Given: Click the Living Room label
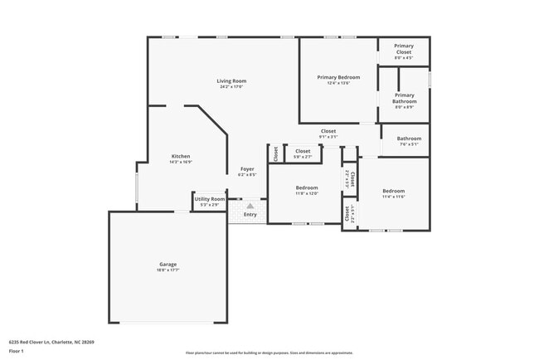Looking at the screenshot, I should click(x=231, y=80).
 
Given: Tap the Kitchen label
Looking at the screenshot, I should click(x=181, y=156).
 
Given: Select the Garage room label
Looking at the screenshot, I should click(x=168, y=265).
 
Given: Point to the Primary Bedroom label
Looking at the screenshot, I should click(x=338, y=77).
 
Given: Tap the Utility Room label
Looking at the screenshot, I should click(x=209, y=199).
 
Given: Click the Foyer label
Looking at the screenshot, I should click(x=247, y=169).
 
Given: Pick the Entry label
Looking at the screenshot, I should click(x=250, y=215).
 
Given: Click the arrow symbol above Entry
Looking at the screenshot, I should click(x=250, y=206).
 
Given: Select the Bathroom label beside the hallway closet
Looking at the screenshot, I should click(x=409, y=139).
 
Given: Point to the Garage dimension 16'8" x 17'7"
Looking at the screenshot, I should click(x=168, y=270).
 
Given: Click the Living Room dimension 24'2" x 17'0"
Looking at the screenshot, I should click(x=231, y=86).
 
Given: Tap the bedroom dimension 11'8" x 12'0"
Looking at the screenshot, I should click(x=307, y=193).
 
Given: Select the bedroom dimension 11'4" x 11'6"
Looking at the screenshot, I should click(x=393, y=197).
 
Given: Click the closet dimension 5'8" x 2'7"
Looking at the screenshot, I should click(x=303, y=156).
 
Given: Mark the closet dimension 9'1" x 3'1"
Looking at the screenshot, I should click(x=328, y=137).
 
